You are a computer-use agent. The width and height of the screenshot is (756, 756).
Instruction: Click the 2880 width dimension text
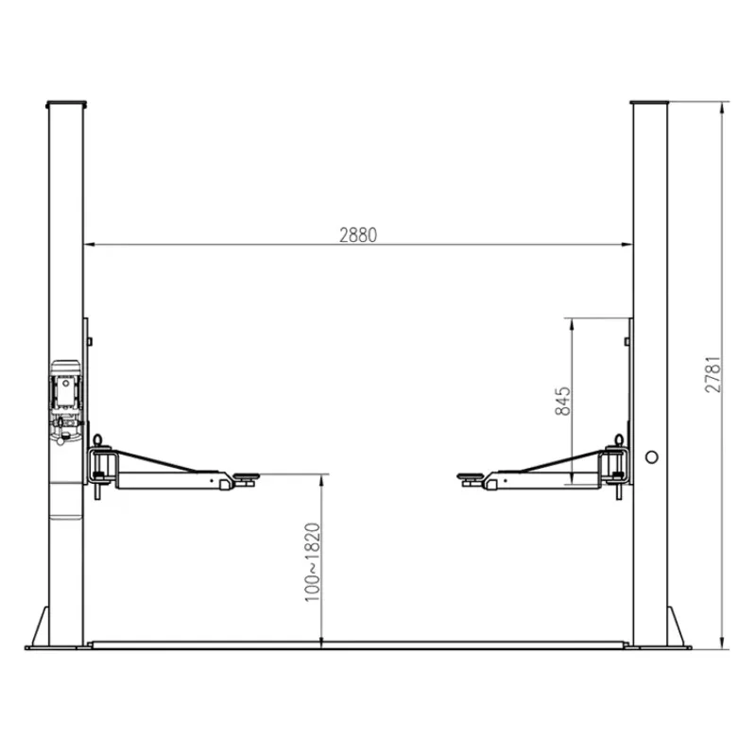[x=358, y=235]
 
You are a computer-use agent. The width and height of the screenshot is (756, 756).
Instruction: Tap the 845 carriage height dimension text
[x=563, y=403]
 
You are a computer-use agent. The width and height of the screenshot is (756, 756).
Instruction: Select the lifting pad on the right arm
[x=469, y=479]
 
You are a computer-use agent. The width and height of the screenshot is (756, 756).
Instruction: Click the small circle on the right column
[x=650, y=456]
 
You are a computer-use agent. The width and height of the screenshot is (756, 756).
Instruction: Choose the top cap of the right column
[x=649, y=102]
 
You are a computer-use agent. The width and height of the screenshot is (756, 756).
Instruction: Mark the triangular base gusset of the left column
[x=38, y=627]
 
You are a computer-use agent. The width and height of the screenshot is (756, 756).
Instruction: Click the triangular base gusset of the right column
[x=679, y=627]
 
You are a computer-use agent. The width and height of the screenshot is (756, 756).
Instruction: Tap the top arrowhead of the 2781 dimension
[x=723, y=106]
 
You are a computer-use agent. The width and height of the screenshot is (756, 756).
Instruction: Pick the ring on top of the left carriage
[x=96, y=439]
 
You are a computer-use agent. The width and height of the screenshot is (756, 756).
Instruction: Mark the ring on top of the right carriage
[x=618, y=439]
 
